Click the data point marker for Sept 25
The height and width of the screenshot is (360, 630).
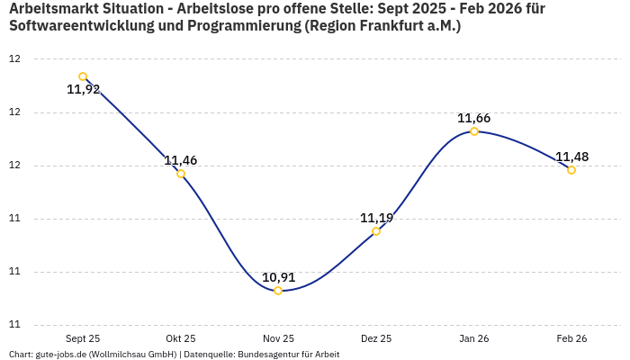click(83, 76)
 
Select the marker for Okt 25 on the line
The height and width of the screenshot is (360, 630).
click(181, 174)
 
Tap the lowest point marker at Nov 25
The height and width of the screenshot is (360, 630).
click(278, 291)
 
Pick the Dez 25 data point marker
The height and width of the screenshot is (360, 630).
click(376, 231)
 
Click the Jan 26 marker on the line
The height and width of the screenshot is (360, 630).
click(474, 131)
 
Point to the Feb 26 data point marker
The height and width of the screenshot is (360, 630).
click(571, 170)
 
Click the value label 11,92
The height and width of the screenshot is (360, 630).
click(84, 90)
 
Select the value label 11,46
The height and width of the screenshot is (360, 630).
click(181, 161)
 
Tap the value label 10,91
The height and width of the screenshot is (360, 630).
click(278, 277)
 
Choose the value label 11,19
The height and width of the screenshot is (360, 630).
click(376, 218)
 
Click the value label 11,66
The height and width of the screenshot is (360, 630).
click(474, 118)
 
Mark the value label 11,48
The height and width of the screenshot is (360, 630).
click(571, 157)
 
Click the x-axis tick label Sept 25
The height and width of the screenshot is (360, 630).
click(83, 338)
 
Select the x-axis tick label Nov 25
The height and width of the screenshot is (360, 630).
click(278, 338)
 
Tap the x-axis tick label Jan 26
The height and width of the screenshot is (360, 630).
click(474, 338)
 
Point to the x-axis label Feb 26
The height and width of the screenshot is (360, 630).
click(571, 338)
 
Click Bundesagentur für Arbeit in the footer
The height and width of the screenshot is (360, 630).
click(288, 355)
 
